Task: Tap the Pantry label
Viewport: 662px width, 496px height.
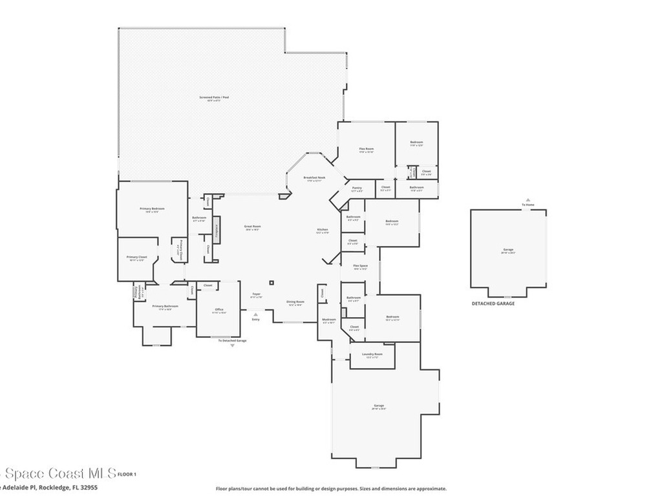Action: pos(356,189)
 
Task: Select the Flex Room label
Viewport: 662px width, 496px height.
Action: pos(367,150)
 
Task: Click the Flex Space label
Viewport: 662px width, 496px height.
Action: pos(360,267)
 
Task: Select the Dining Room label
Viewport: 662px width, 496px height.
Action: pos(294,303)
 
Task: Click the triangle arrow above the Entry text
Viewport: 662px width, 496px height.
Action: pos(255,314)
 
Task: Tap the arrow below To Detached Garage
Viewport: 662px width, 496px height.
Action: pos(233,346)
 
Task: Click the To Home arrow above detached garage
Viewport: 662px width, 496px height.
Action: pos(528,200)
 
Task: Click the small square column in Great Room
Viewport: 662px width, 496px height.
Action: pos(272,282)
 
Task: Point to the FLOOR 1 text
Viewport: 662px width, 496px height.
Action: pos(127,475)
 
